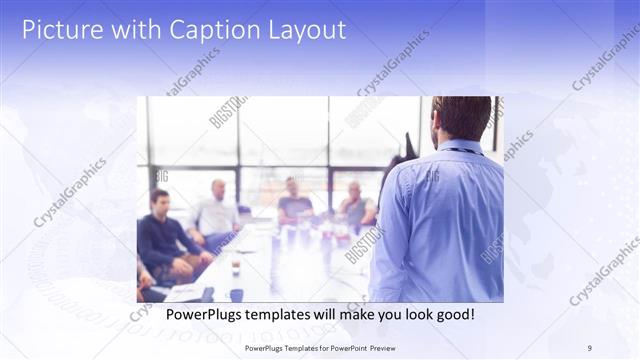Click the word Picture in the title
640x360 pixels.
tap(61, 30)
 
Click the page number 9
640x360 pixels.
tap(589, 347)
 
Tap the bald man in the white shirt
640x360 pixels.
tap(217, 212)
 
